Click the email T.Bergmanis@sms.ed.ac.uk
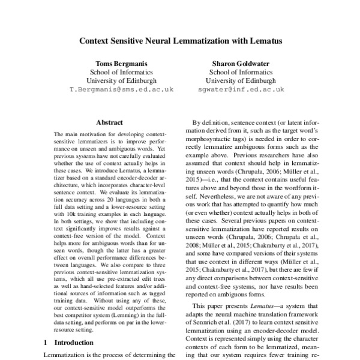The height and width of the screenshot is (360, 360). tap(122, 89)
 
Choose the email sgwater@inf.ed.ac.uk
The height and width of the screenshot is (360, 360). tap(241, 89)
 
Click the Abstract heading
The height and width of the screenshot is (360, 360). tap(110, 122)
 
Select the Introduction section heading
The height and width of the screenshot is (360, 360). tap(70, 342)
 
